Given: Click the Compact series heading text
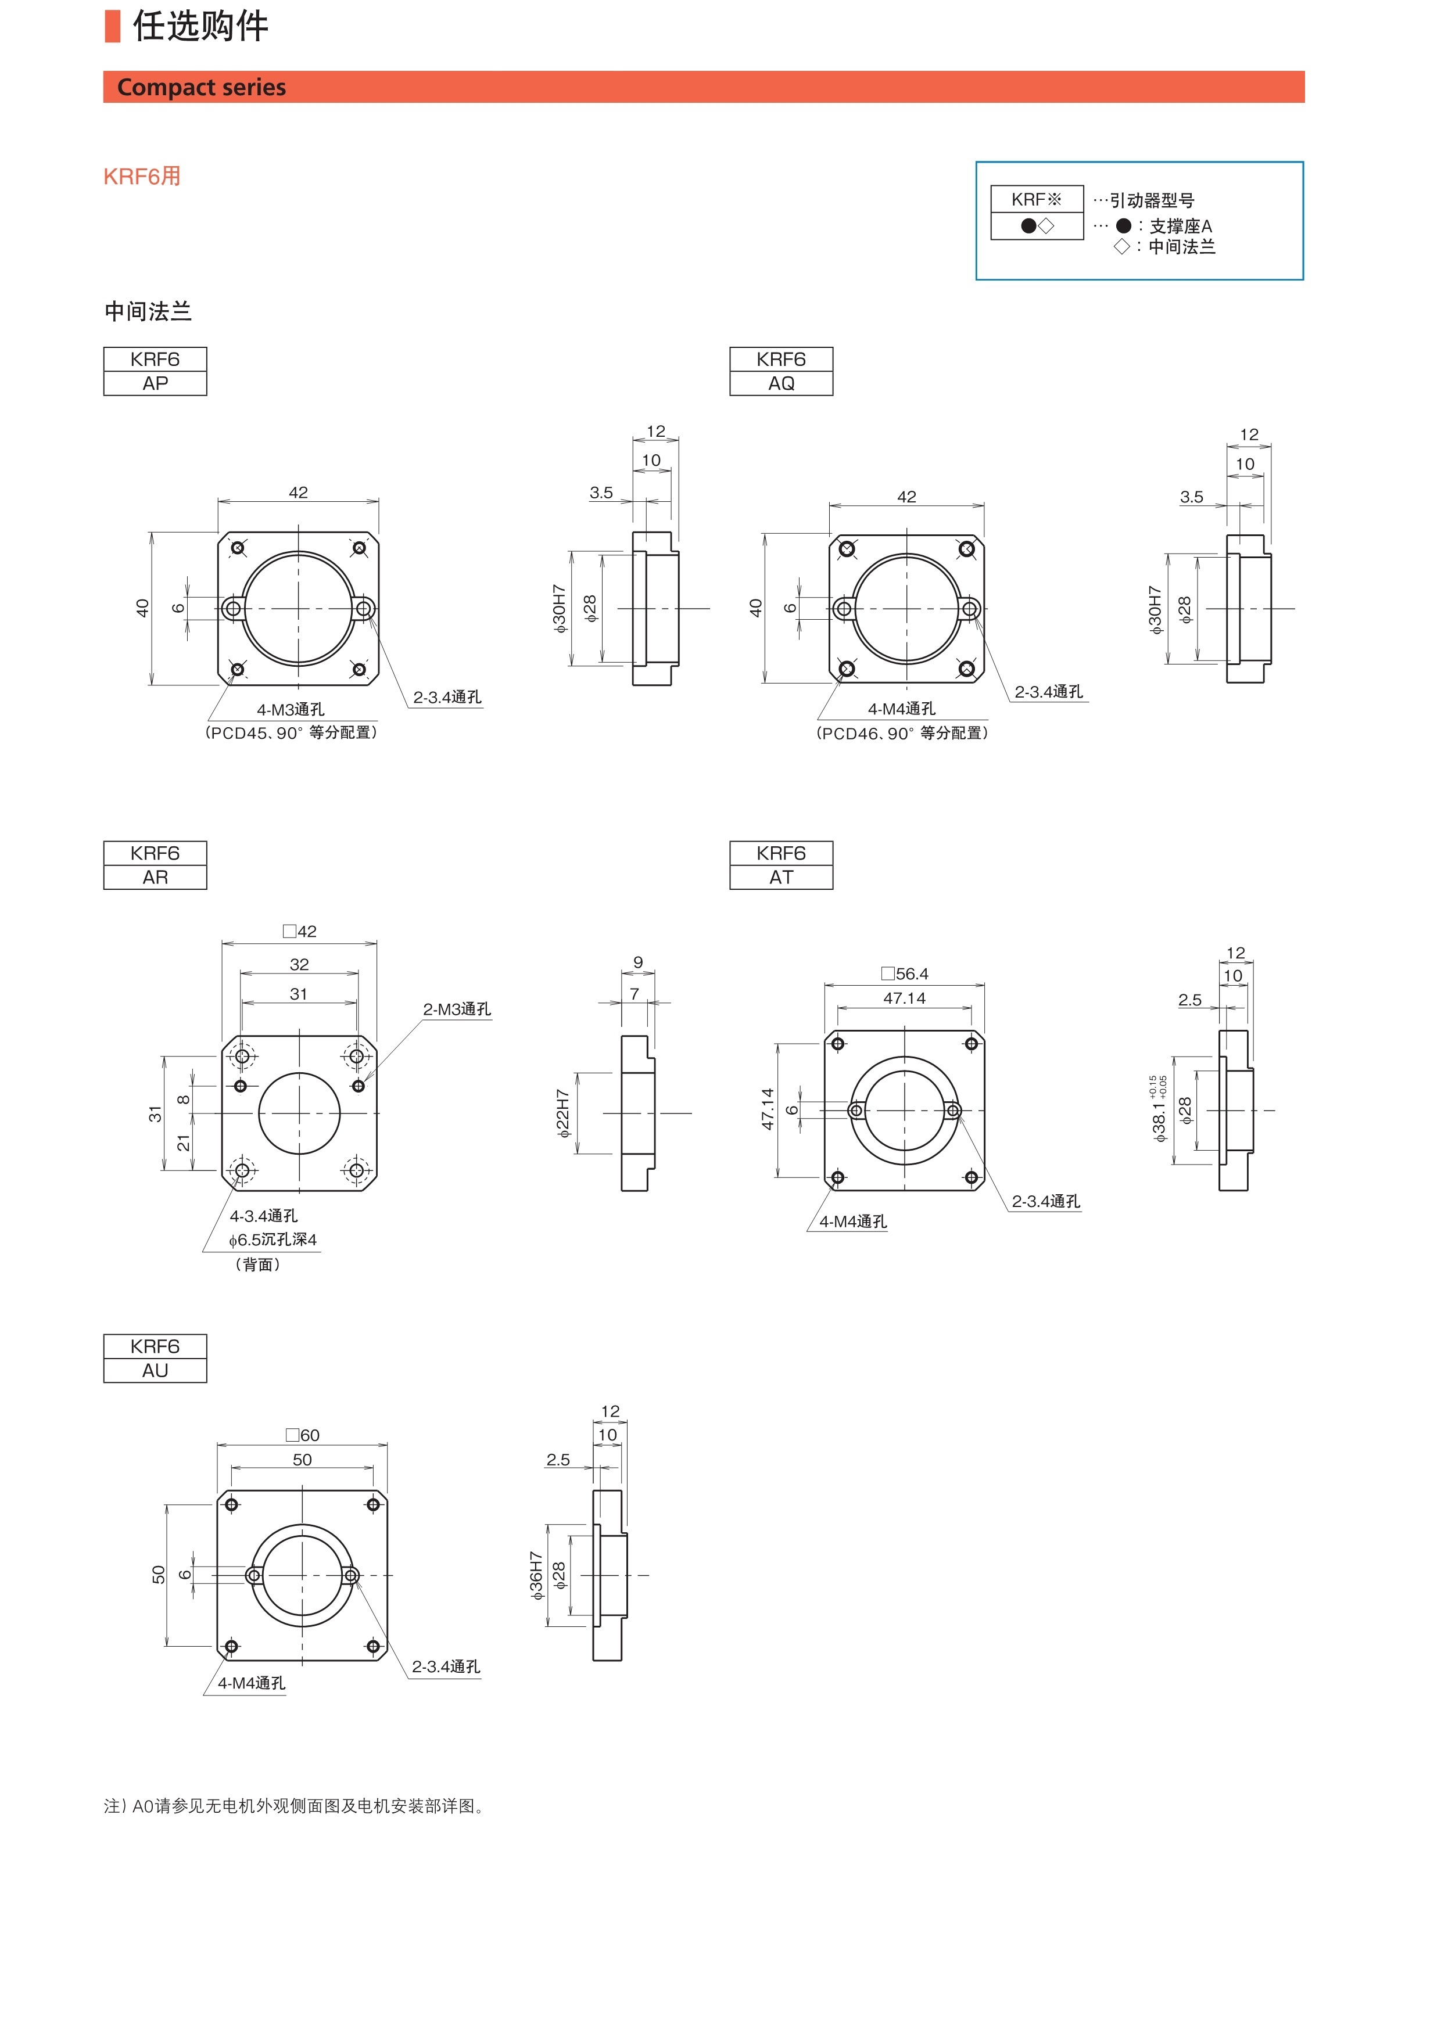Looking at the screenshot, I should [202, 87].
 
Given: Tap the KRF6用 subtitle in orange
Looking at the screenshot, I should [142, 177].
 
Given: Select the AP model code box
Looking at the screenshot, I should [155, 383].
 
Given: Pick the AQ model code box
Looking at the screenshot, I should [781, 383].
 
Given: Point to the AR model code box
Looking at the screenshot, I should [155, 878].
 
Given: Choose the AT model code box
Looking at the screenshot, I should [781, 878].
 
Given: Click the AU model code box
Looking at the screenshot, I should [155, 1371].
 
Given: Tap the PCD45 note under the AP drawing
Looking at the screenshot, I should [291, 733].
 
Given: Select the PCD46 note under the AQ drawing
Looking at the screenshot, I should [902, 734].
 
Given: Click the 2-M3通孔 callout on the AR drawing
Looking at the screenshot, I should [456, 1009].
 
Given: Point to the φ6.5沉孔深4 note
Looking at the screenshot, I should [273, 1240].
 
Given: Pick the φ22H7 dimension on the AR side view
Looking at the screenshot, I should [562, 1113].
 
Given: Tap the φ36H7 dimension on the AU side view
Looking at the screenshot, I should [536, 1576].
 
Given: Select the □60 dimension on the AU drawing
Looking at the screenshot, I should [303, 1435].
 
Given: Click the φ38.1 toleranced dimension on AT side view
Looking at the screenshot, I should [1159, 1110].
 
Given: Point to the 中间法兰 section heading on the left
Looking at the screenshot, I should [148, 311].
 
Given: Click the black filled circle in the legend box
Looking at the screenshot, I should [1028, 226].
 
